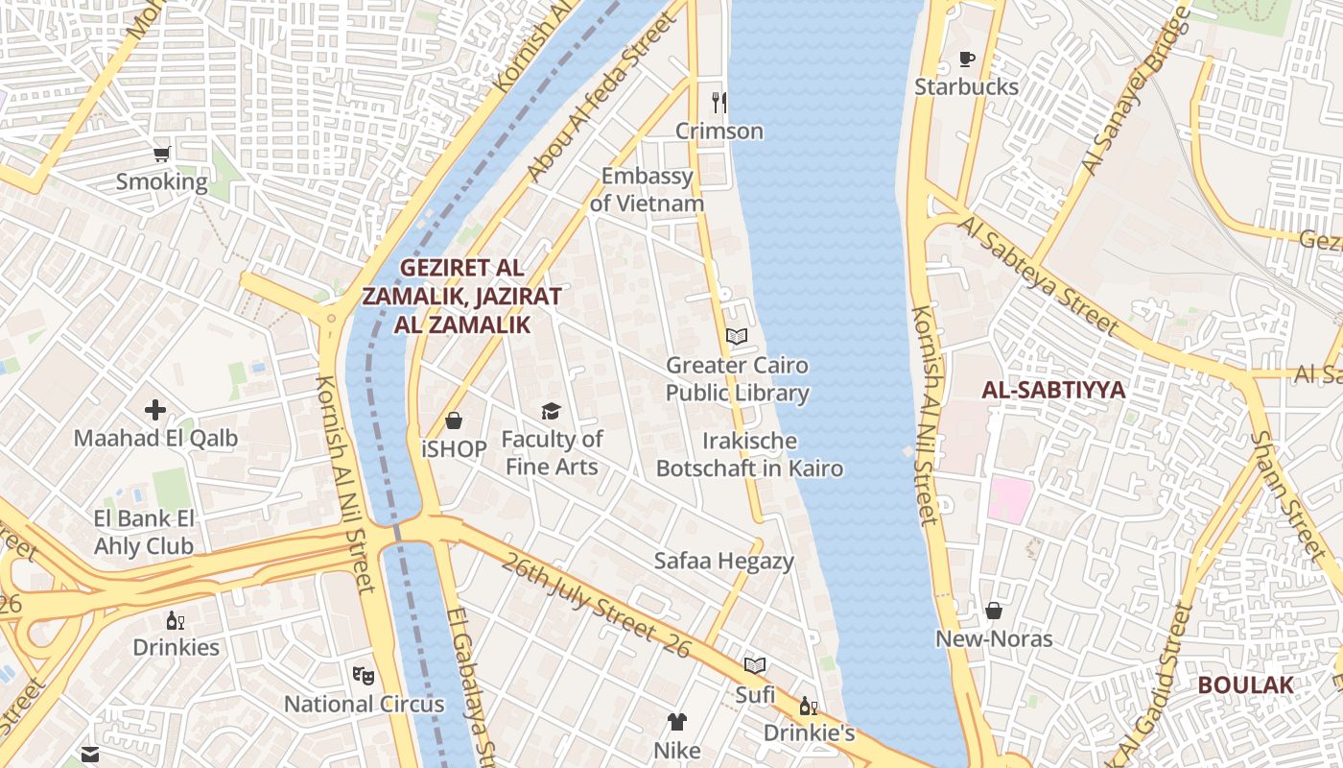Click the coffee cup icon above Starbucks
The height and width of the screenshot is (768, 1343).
(x=966, y=60)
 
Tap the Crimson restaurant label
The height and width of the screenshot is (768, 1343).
(x=719, y=131)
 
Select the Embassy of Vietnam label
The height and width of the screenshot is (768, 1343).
(x=647, y=190)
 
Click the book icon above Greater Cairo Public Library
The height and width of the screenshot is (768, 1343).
(x=737, y=337)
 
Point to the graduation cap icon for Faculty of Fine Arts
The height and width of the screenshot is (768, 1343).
(x=551, y=412)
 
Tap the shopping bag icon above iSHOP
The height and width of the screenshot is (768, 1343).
(x=454, y=420)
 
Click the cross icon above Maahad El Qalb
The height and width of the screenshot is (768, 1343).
(x=155, y=411)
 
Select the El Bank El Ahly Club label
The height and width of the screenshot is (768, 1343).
(x=144, y=533)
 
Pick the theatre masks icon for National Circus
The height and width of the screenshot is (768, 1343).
(x=363, y=676)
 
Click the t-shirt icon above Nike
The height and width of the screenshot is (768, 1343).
(x=677, y=722)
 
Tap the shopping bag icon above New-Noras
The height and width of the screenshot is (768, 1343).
(x=994, y=611)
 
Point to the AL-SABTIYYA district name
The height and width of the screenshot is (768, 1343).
(x=1053, y=390)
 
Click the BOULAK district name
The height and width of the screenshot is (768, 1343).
(x=1245, y=685)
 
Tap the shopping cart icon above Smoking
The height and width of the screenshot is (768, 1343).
(x=162, y=154)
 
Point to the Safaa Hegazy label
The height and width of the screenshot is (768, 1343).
(x=723, y=561)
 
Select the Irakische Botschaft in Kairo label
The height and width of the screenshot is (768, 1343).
(x=749, y=455)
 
